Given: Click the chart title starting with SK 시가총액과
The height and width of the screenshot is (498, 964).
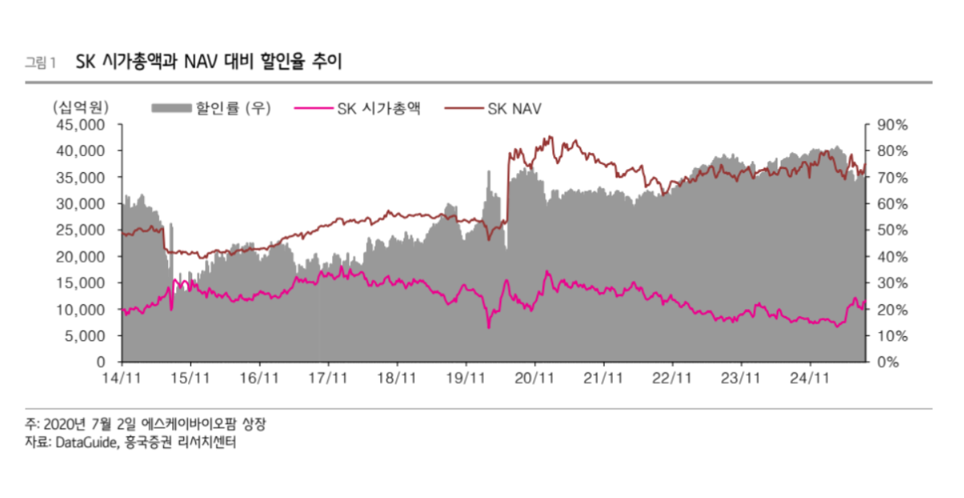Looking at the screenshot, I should (208, 62).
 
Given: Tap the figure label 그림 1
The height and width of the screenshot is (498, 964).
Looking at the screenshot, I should (41, 63).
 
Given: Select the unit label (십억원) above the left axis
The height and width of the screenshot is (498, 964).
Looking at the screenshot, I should (80, 108).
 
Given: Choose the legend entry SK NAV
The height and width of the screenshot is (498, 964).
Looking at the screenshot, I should (515, 108).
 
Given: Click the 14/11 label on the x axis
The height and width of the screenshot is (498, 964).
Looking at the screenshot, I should (121, 377).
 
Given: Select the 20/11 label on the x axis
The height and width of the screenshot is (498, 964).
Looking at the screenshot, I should (535, 377).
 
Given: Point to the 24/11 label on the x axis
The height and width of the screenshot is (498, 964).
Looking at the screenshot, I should (810, 377).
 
